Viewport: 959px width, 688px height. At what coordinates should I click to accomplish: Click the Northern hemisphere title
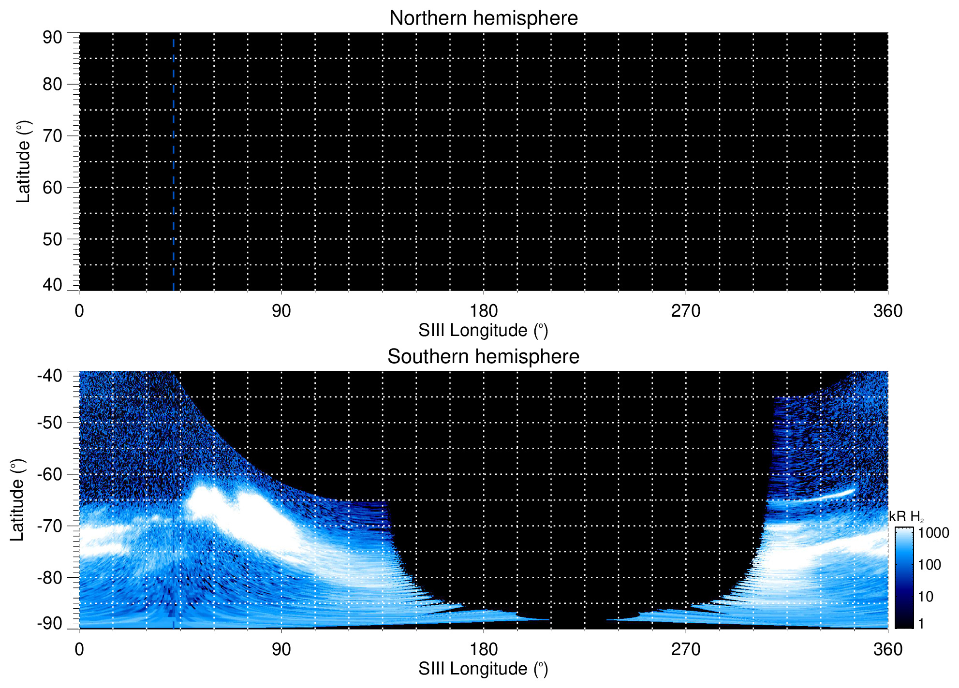click(x=483, y=18)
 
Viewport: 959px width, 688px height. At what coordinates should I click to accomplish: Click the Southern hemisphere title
click(x=483, y=357)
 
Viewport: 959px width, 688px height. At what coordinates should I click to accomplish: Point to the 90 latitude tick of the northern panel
click(x=52, y=37)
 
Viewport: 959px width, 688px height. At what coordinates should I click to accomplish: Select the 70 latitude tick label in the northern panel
click(x=52, y=136)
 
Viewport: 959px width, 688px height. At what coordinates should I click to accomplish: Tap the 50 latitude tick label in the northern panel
click(x=52, y=239)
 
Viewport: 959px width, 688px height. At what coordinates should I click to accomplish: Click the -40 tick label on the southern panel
click(x=49, y=375)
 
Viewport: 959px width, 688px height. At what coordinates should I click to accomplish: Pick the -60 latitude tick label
click(x=49, y=474)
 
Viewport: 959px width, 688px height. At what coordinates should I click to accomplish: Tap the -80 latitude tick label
click(x=49, y=577)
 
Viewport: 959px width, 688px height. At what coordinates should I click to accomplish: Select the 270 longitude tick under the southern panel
click(x=685, y=649)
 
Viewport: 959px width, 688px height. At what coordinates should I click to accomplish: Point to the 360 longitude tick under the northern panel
click(x=887, y=311)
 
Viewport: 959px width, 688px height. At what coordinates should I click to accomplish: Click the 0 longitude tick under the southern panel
click(x=79, y=649)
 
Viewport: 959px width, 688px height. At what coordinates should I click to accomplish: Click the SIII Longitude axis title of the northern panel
click(x=483, y=331)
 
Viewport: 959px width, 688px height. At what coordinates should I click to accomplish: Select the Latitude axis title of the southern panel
click(x=17, y=500)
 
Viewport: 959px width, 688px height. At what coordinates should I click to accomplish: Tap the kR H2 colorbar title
click(x=906, y=517)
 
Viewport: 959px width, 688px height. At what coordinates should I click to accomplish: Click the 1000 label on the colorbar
click(x=933, y=533)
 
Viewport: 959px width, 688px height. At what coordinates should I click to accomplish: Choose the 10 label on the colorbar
click(x=926, y=597)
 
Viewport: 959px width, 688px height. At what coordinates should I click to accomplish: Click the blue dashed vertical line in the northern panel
click(x=173, y=164)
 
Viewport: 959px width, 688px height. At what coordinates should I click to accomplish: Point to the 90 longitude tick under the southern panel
click(x=281, y=649)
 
